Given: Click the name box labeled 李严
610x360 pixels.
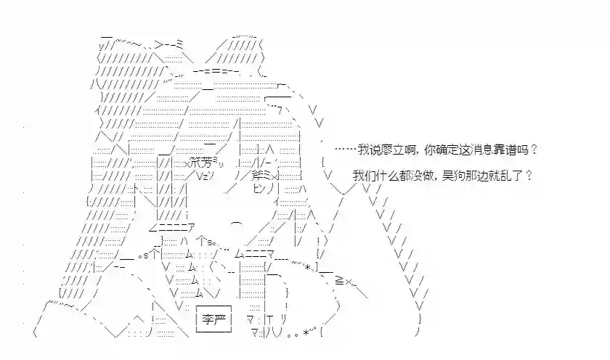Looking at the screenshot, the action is point(213,319).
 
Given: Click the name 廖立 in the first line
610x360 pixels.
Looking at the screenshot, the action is point(393,150).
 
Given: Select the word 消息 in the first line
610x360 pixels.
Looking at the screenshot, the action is point(482,150).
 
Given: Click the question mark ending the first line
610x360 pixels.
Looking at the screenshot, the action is point(534,150).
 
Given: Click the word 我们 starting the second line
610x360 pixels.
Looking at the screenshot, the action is point(364,176).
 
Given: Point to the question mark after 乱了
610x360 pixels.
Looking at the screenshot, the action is point(529,176).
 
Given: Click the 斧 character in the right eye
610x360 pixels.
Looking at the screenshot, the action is point(257,176).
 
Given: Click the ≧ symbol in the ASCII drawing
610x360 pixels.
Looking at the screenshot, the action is point(339,281).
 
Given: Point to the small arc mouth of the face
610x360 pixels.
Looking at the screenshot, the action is point(237,224).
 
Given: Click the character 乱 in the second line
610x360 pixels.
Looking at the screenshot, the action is point(505,176).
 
